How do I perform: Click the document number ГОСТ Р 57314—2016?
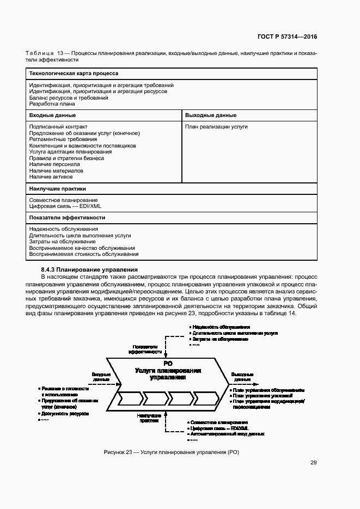pos(286,37)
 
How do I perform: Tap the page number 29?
pos(313,463)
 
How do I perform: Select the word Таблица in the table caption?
pos(40,53)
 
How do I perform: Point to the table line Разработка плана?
pos(52,103)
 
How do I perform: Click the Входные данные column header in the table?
pos(52,115)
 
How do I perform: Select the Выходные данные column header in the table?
pos(210,115)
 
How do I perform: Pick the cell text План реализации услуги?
pos(216,127)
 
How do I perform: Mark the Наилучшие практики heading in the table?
pos(58,189)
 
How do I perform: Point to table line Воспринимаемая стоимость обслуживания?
pos(84,254)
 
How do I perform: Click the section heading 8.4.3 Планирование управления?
pos(89,269)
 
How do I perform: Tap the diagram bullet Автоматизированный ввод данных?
pos(228,434)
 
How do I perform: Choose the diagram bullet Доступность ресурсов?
pos(65,413)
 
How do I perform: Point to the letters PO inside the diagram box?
pos(167,363)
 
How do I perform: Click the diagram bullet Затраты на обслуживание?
pos(219,339)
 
